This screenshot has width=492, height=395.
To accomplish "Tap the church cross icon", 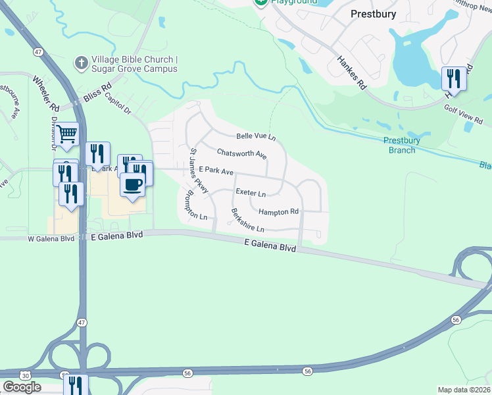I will (81, 63).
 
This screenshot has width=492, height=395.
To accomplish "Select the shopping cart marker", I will (67, 135).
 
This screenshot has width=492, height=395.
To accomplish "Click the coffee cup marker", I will (132, 184).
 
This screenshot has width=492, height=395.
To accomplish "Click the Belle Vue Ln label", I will (256, 136).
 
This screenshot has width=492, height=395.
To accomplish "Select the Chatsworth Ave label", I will (241, 154).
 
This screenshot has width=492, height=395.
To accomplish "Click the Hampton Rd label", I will (278, 212).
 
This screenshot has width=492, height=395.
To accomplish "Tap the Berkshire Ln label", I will (247, 221).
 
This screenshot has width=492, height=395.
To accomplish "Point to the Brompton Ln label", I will (197, 204).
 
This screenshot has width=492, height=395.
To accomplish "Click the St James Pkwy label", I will (199, 171).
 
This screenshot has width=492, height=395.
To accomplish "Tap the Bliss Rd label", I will (97, 93).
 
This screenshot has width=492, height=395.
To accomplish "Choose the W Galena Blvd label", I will (51, 238).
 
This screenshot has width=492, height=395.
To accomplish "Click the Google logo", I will (22, 387).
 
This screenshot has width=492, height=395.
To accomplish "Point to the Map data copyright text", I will (464, 390).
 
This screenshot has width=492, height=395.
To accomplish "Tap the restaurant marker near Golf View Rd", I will (454, 79).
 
